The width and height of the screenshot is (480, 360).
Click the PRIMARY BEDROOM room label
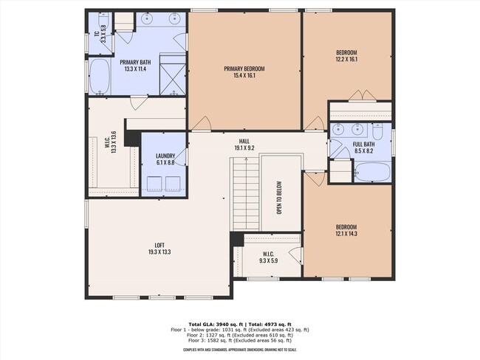click(x=244, y=69)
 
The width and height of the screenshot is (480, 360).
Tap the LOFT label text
click(x=159, y=245)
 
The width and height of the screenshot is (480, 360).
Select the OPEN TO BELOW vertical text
click(x=281, y=198)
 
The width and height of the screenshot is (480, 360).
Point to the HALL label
click(x=244, y=140)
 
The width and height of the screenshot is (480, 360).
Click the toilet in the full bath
click(x=377, y=133)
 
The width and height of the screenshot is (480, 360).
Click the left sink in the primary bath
click(x=147, y=20)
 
